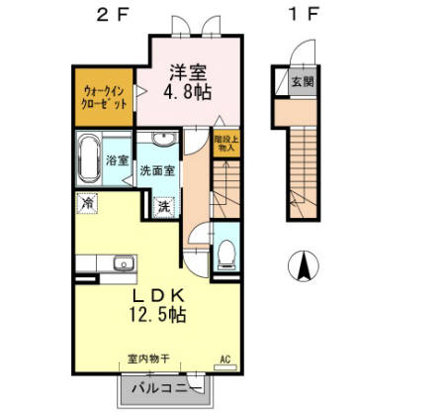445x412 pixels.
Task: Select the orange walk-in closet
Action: point(102,96)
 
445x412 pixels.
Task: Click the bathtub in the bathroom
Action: point(88,158)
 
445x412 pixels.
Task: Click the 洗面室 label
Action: point(156,169)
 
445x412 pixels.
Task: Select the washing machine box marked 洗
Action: point(163,208)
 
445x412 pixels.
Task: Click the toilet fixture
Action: point(223,253)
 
